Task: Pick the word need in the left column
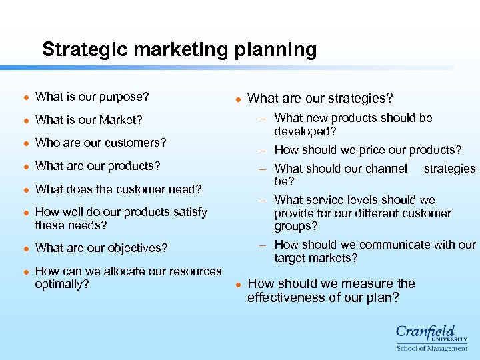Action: click(187, 189)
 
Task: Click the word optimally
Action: click(61, 284)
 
